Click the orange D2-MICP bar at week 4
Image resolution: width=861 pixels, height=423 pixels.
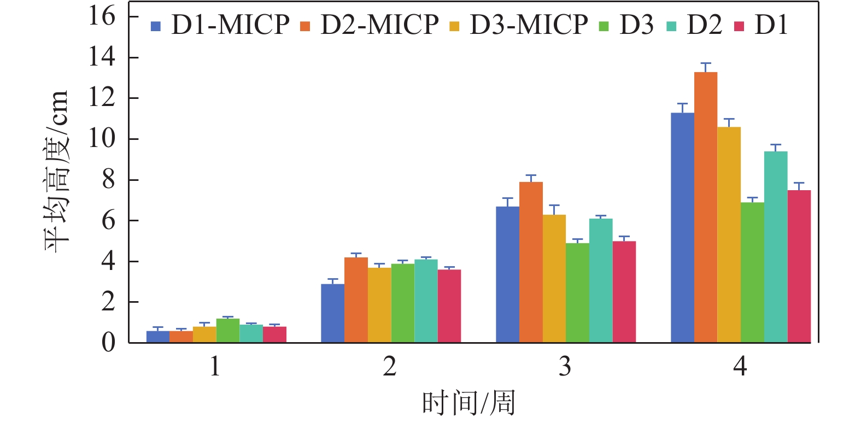tap(706, 207)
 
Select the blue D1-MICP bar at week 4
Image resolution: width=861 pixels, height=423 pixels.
tap(682, 227)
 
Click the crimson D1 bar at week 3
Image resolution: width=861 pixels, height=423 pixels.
tap(624, 292)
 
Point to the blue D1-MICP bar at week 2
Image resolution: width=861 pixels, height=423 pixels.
tap(332, 313)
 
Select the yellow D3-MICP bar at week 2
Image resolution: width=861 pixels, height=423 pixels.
tap(379, 305)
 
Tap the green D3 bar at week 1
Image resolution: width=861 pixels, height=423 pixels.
tap(228, 331)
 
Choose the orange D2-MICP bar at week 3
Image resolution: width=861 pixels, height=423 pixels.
tap(531, 262)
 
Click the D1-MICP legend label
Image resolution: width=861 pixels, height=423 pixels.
tap(230, 25)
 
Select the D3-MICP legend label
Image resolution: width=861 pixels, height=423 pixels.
tap(529, 25)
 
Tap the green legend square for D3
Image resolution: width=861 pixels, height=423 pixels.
tap(604, 26)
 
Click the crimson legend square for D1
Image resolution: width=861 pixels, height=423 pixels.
tap(739, 26)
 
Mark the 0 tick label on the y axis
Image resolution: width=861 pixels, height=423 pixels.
tap(108, 343)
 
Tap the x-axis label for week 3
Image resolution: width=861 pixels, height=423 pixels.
tap(565, 366)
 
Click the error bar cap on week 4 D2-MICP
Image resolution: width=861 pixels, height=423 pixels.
tap(706, 63)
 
